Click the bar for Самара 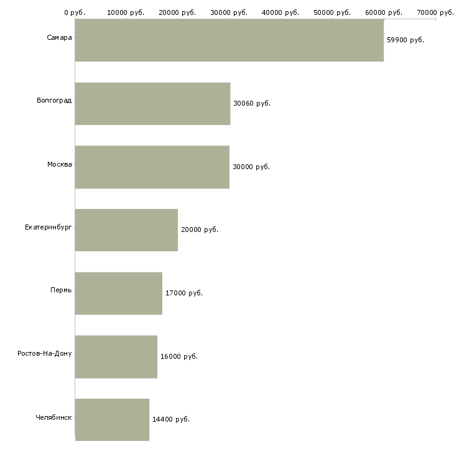229,40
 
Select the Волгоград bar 152,104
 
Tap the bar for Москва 152,167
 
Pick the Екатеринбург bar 126,230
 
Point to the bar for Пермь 118,294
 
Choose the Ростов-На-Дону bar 116,357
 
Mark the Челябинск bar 112,420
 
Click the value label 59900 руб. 405,40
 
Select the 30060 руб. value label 251,103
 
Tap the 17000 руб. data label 183,293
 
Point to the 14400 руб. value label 170,419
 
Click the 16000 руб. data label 178,356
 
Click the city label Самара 59,38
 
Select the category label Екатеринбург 48,228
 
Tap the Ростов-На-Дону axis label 44,354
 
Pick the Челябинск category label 53,417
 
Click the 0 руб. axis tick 75,12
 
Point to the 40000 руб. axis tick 281,12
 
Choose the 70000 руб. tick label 435,12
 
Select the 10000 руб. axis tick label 126,12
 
